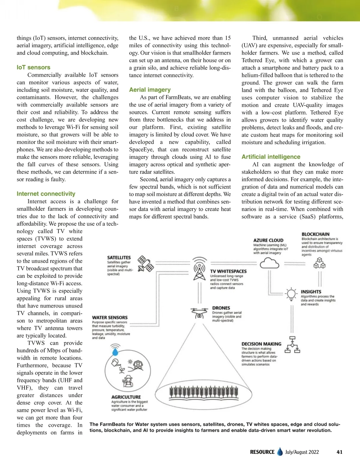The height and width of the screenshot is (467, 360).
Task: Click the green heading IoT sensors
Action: (x=34, y=67)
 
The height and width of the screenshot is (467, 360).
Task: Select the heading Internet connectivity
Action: (x=46, y=194)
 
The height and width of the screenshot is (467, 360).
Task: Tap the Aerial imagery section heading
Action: (x=150, y=90)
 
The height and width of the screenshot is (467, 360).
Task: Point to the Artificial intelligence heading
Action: (x=271, y=157)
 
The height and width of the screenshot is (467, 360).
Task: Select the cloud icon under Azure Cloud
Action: (x=269, y=264)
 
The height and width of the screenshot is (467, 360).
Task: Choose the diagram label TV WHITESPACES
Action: (x=228, y=271)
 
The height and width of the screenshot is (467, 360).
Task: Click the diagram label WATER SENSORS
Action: (x=110, y=317)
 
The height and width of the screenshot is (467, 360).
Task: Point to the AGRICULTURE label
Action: (x=126, y=397)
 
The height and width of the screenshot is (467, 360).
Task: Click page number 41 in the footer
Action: (x=340, y=452)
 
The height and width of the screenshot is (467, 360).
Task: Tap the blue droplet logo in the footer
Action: (x=280, y=452)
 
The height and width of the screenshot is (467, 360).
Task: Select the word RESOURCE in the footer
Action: (x=262, y=452)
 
